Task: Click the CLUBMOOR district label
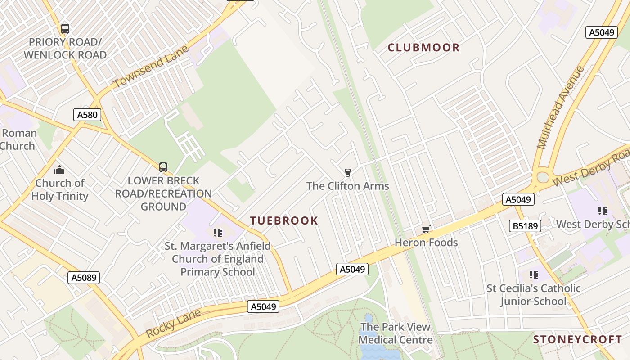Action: click(x=423, y=48)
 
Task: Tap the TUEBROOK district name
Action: click(x=284, y=220)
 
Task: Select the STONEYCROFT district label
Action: click(x=577, y=340)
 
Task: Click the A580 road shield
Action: click(x=87, y=115)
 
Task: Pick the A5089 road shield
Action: click(x=84, y=277)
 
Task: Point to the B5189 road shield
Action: click(x=525, y=226)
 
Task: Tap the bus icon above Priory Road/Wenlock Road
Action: click(x=65, y=29)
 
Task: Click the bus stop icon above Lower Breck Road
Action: click(x=163, y=167)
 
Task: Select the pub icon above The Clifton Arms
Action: click(x=347, y=172)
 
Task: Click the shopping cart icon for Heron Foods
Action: click(x=426, y=229)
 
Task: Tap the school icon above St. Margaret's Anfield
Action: click(x=218, y=233)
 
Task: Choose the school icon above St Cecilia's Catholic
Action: click(x=534, y=274)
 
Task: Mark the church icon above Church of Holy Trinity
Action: click(x=59, y=170)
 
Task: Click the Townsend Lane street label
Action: click(x=150, y=67)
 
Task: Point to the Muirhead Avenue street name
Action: click(x=560, y=108)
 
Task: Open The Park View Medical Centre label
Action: click(x=395, y=333)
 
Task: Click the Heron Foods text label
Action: click(x=426, y=243)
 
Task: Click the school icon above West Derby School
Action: click(x=603, y=211)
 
